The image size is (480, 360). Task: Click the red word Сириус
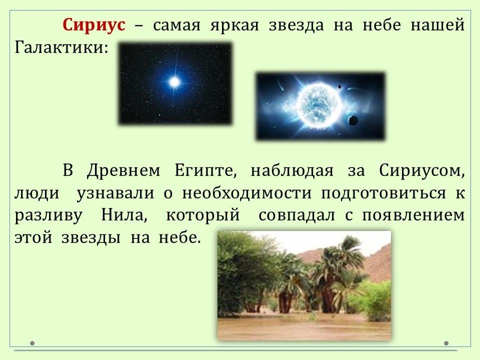[94, 25]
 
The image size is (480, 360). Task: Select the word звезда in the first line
[296, 25]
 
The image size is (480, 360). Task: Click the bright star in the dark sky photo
[174, 82]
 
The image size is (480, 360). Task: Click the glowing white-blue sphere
[318, 105]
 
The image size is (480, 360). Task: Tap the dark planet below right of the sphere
[352, 120]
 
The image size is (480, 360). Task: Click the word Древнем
[123, 170]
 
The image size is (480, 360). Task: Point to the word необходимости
[246, 193]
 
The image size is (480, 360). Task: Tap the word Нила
[124, 215]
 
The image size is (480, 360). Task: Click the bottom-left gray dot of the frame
[32, 343]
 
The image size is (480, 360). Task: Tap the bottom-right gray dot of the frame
[446, 343]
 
